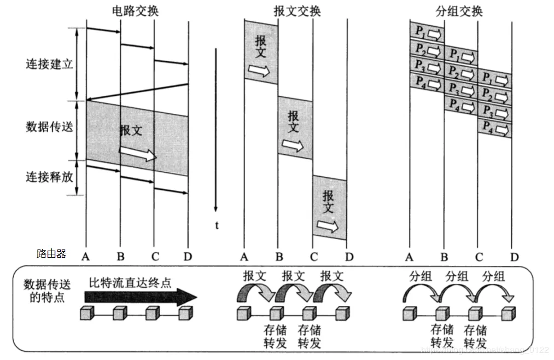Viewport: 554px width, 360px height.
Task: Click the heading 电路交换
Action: click(136, 10)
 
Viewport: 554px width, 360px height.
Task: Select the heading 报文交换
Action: click(297, 10)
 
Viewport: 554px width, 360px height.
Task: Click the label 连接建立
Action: click(49, 64)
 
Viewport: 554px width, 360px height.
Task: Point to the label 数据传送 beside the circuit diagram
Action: click(49, 127)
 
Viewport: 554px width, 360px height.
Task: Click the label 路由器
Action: click(51, 254)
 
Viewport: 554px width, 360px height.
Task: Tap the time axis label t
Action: click(217, 225)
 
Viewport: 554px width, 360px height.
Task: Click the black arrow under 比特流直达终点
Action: click(140, 297)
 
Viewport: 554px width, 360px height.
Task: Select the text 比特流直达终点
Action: click(130, 283)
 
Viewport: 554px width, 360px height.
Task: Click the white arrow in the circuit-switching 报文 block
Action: click(137, 153)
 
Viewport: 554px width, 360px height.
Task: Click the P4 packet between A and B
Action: click(427, 84)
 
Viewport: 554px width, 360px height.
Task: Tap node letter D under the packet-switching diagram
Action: click(514, 256)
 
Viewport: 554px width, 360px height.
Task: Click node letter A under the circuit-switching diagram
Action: click(86, 256)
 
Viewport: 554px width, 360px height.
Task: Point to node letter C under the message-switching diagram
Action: click(313, 256)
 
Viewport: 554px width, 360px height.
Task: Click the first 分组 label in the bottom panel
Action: click(421, 276)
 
